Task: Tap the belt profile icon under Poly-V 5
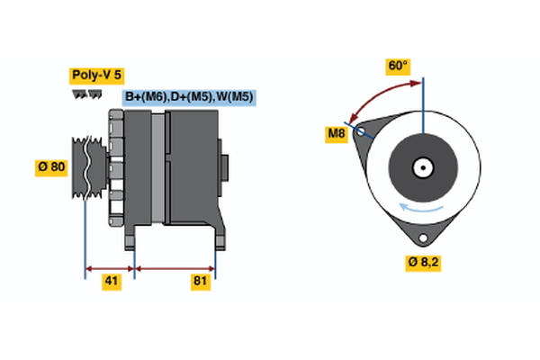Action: coord(86,94)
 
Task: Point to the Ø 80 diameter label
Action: coord(50,166)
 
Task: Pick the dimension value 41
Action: coord(111,282)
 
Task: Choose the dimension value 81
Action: coord(200,282)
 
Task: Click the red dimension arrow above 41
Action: coord(110,267)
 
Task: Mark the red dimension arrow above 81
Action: coord(175,267)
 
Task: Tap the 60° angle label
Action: coord(397,66)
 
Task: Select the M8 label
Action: coord(336,135)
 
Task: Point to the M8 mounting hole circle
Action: coord(362,131)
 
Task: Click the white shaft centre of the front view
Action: coord(421,167)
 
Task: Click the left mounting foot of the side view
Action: coord(131,238)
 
